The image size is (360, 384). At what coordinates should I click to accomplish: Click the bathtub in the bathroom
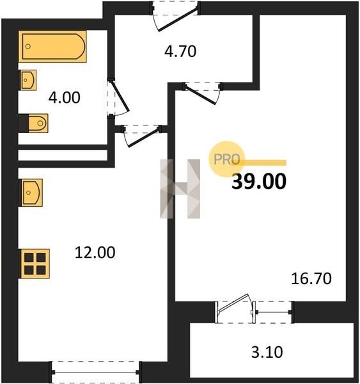pos(52,47)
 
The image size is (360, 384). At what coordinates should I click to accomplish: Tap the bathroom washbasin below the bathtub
pos(27,80)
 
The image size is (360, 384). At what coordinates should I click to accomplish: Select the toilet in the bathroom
pos(33,123)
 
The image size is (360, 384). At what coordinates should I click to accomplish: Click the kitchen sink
pos(31,193)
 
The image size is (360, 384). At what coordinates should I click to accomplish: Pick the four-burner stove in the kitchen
pos(35,264)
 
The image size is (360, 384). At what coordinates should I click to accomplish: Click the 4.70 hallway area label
pos(180,52)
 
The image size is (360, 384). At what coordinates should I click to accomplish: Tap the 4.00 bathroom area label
pos(65,97)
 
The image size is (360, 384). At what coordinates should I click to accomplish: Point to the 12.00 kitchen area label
pos(95,253)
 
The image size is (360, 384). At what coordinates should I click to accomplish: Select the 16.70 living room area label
pos(311,278)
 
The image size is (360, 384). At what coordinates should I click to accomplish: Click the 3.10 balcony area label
pos(267,352)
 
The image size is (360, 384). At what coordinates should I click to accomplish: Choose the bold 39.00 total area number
pos(259,182)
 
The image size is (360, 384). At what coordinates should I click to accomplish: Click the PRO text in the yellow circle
pos(226,159)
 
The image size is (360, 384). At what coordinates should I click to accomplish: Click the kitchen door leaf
pos(144,138)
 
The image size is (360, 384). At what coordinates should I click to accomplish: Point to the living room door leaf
pos(200,94)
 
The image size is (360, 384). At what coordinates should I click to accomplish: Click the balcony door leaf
pos(233,303)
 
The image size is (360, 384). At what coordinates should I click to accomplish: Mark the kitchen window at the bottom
pos(95,372)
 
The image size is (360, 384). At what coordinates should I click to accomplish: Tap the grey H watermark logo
pos(180,189)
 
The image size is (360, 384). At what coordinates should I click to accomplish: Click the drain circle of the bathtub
pos(28,46)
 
